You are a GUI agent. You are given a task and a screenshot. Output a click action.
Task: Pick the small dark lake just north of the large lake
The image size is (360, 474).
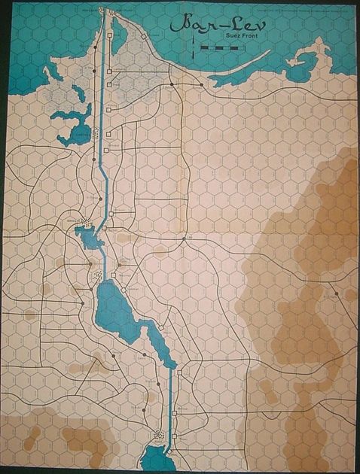[x=90, y=239]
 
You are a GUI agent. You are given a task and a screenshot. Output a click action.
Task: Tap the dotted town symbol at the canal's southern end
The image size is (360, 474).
[x=158, y=433]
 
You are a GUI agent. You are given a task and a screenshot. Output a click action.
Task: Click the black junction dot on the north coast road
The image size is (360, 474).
[x=172, y=84]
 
